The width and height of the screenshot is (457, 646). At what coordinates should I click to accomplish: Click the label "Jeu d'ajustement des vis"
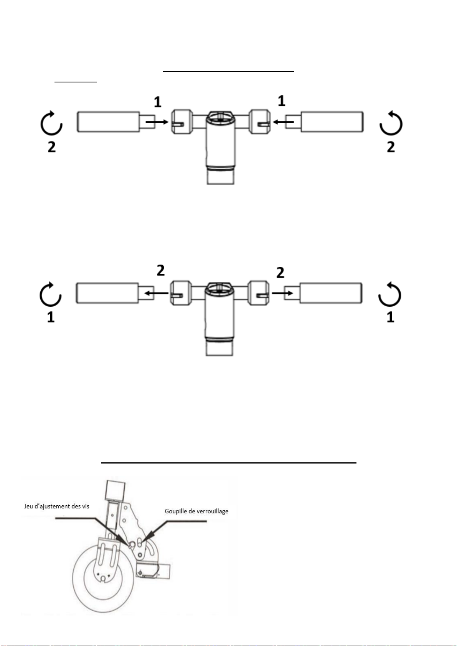[x=56, y=506]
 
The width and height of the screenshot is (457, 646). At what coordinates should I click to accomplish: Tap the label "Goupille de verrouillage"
[x=196, y=511]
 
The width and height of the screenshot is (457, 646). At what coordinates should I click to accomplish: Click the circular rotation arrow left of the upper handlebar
[x=51, y=123]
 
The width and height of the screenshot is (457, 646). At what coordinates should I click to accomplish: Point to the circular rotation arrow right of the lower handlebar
[x=389, y=294]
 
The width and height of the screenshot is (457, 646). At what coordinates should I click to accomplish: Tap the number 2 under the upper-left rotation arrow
[x=51, y=147]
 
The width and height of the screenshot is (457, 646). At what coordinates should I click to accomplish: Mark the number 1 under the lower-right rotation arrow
[x=390, y=317]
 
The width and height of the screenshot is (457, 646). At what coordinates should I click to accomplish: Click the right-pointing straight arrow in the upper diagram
[x=157, y=122]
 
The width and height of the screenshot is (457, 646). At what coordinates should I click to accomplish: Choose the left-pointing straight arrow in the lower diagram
[x=156, y=293]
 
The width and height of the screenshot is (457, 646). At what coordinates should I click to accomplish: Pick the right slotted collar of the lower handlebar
[x=258, y=293]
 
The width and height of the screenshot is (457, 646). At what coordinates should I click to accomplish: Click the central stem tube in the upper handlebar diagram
[x=220, y=147]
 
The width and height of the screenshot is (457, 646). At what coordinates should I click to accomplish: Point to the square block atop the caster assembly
[x=116, y=490]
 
